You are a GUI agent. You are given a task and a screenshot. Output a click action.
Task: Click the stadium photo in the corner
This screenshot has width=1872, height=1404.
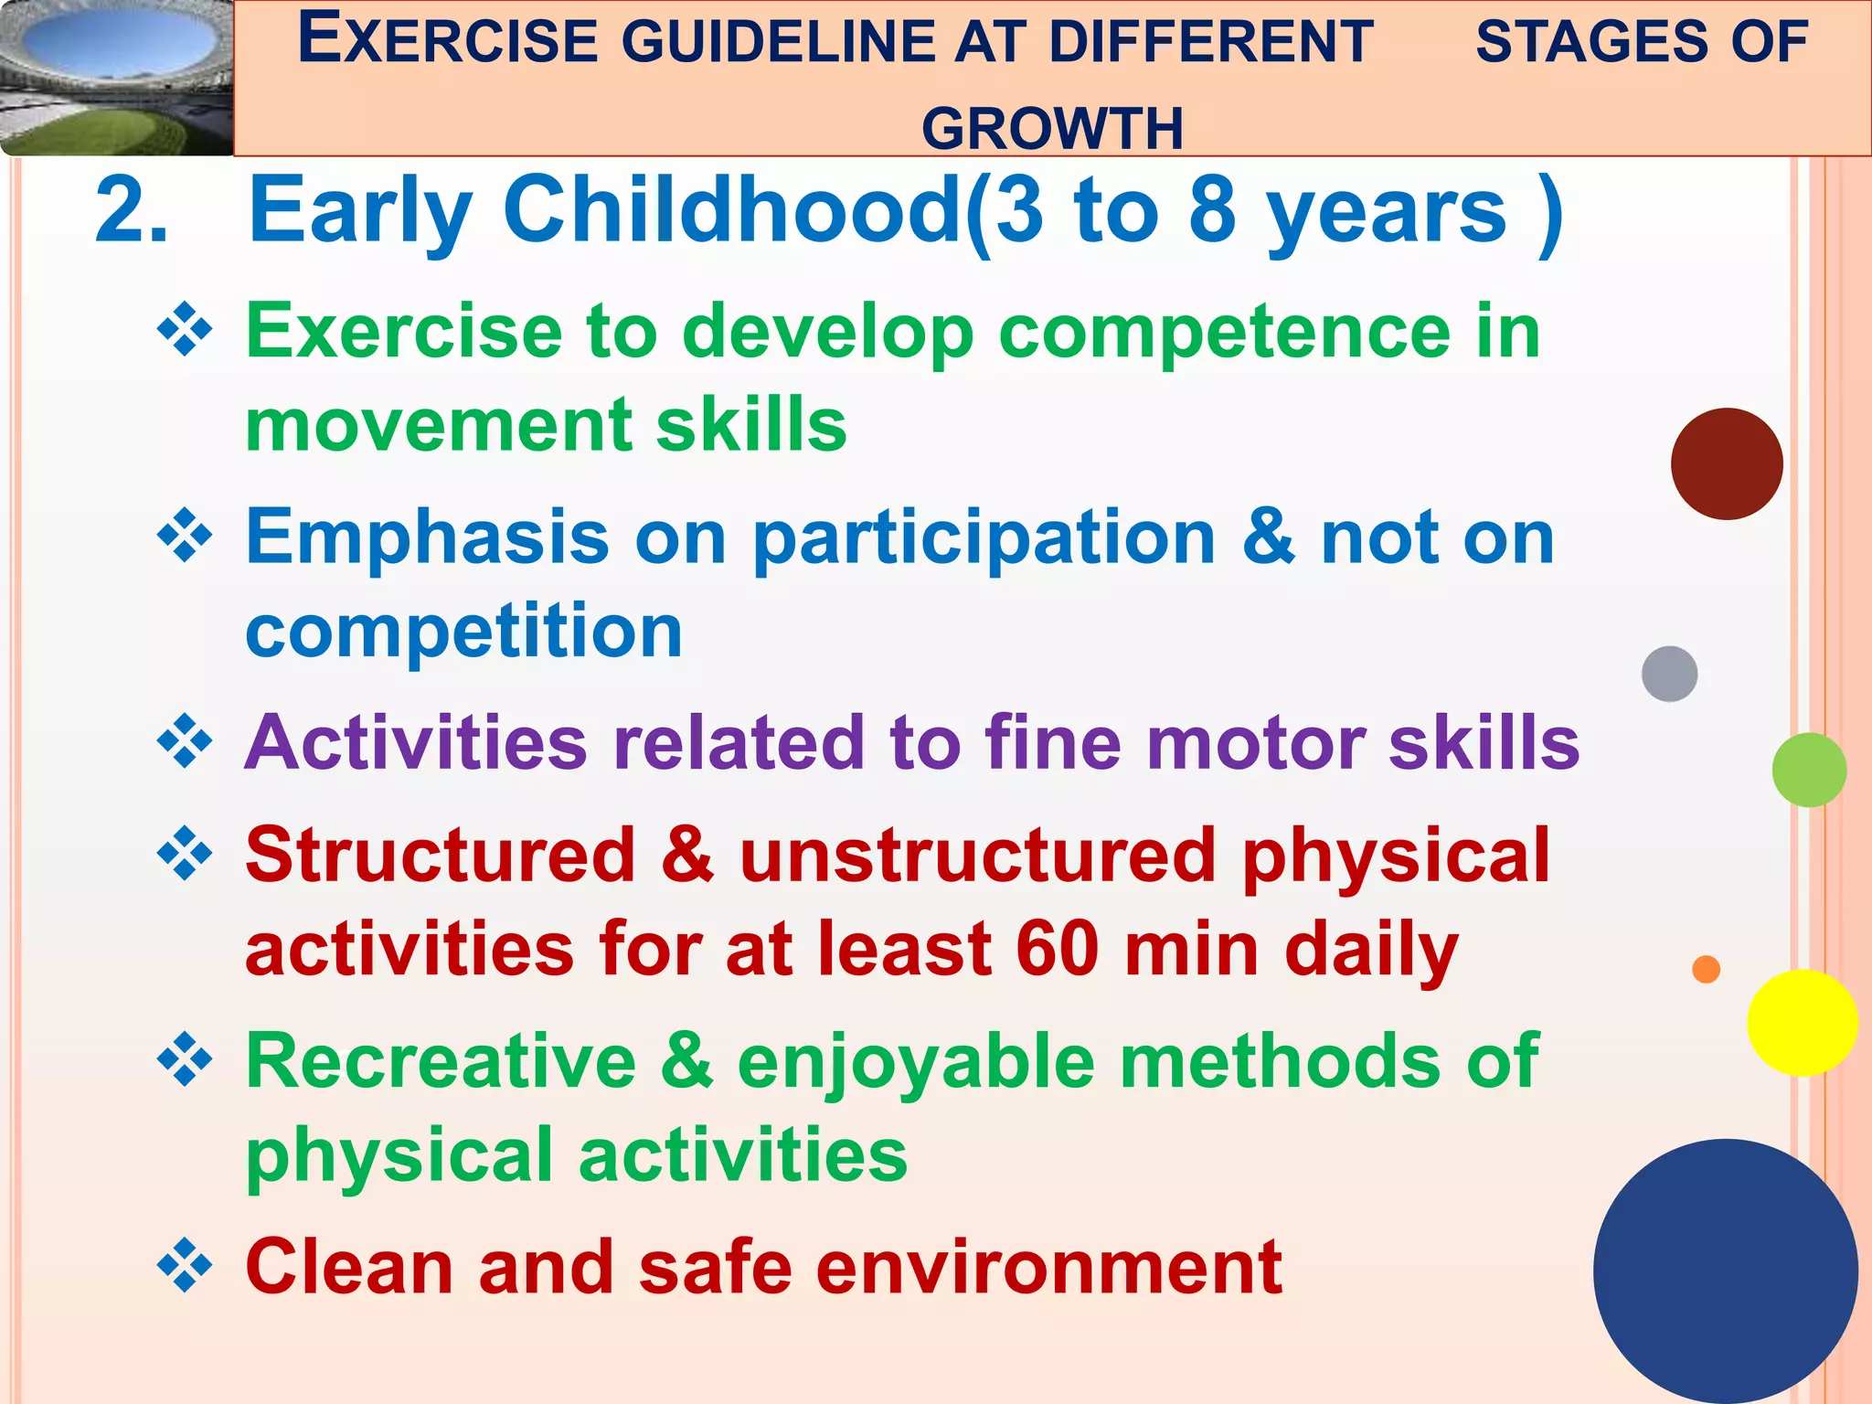(114, 78)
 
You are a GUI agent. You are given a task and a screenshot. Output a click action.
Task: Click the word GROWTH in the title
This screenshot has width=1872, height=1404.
(1052, 128)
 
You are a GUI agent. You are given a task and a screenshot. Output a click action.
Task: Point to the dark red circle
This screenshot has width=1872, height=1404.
(1726, 463)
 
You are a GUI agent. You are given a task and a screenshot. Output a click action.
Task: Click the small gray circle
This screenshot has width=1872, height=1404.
(1669, 674)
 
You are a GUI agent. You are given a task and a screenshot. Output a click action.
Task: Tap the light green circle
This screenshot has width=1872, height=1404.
(1808, 770)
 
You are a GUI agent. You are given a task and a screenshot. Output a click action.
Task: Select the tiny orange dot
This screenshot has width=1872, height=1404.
(1706, 969)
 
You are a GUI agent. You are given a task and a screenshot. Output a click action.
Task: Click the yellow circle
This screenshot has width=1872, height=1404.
(1802, 1022)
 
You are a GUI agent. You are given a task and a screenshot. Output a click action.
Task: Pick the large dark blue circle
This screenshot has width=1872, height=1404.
(1725, 1271)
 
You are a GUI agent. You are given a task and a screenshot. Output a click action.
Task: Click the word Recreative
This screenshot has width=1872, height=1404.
(441, 1062)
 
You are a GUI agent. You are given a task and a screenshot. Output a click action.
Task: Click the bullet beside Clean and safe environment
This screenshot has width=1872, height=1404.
(185, 1266)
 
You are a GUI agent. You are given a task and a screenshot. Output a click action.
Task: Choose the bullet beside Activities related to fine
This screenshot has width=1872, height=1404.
(185, 741)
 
